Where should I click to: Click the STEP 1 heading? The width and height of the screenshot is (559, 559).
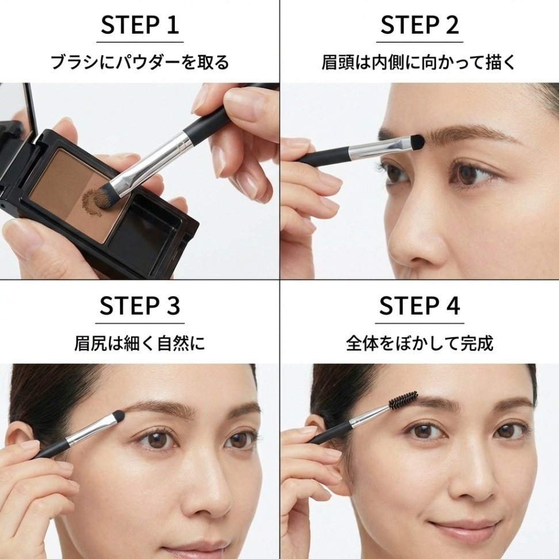click(140, 25)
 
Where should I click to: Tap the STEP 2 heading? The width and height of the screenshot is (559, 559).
click(419, 25)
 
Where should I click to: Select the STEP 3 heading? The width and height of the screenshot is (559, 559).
click(140, 306)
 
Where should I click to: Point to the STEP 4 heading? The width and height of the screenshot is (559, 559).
click(419, 306)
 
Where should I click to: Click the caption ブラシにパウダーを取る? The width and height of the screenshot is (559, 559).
click(140, 62)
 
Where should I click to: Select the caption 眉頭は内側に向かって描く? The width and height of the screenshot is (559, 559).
click(419, 62)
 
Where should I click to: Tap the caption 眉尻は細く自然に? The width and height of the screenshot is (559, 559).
click(140, 343)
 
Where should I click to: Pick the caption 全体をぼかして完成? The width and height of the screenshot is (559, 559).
click(419, 343)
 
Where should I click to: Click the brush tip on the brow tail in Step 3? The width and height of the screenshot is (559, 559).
click(118, 418)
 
